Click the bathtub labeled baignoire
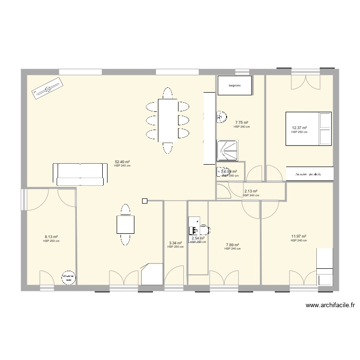(x=234, y=85)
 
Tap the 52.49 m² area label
(x=122, y=162)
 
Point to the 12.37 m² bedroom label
(x=300, y=128)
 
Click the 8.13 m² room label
(x=51, y=237)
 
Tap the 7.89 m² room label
(x=232, y=245)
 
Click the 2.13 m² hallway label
(x=251, y=191)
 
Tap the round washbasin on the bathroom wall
(x=221, y=116)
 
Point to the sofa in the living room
(x=80, y=174)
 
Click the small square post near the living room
(x=144, y=200)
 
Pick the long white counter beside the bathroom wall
(x=208, y=128)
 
